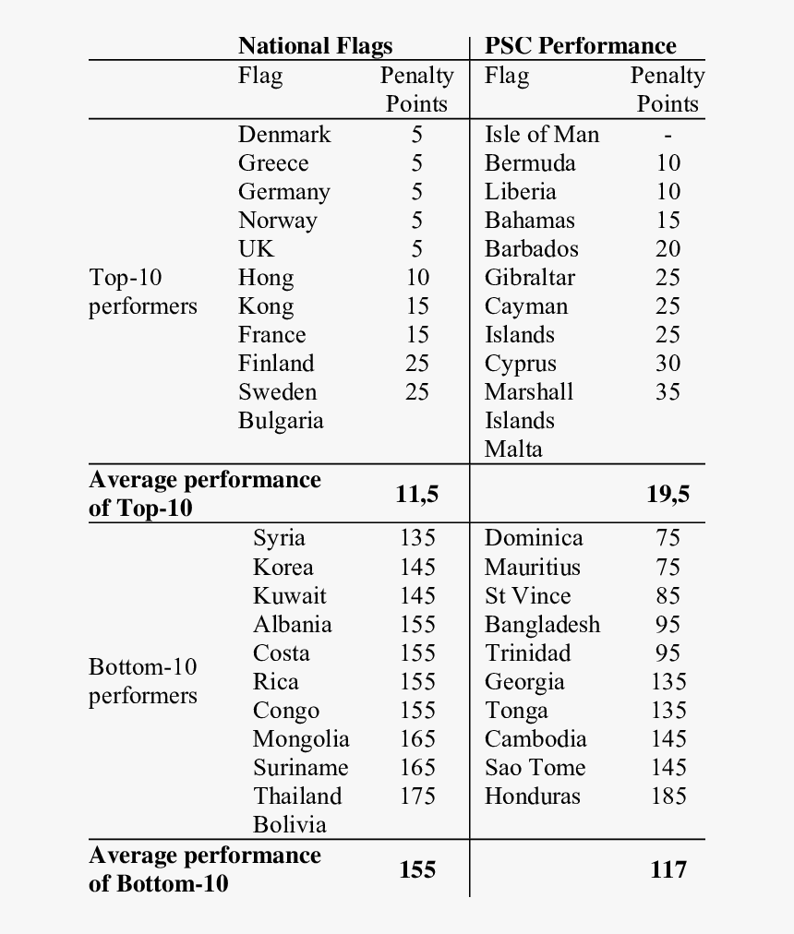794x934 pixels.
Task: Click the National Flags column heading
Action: coord(315,46)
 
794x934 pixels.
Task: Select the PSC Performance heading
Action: coord(580,46)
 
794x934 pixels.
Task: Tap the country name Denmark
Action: coord(283,135)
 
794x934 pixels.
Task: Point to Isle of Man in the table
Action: coord(541,135)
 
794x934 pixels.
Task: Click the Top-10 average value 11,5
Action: coord(416,495)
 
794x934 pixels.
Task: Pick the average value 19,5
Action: coord(667,495)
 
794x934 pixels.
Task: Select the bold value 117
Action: coord(667,869)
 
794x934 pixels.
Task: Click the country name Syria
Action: coord(279,538)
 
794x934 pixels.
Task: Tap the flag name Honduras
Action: coord(532,796)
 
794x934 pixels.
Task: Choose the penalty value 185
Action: coord(668,796)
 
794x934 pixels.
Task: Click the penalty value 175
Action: coord(417,796)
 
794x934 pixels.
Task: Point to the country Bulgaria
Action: coord(281,421)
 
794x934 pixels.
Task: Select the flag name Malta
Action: coord(513,449)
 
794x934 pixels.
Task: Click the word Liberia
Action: coord(520,192)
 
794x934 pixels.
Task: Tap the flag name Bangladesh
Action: coord(542,625)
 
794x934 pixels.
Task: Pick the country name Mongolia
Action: coord(301,739)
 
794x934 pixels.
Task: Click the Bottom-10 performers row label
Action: coord(142,681)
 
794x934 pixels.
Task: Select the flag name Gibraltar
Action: coord(529,278)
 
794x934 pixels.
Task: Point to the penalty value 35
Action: coord(668,392)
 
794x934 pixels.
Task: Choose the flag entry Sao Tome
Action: coord(535,767)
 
